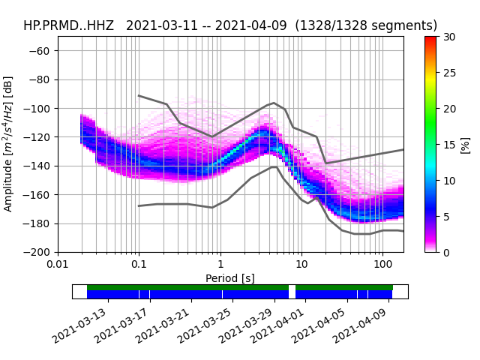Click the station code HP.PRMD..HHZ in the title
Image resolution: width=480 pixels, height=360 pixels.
[x=68, y=25]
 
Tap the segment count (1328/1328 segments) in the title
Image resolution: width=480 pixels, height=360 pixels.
[x=366, y=25]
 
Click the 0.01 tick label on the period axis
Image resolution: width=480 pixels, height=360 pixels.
[x=58, y=265]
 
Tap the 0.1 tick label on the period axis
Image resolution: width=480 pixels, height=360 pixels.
[x=139, y=265]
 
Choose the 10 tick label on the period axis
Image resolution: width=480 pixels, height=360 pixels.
[x=301, y=265]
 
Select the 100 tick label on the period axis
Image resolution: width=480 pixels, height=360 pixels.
[x=382, y=265]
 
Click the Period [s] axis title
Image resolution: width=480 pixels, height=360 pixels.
[x=230, y=277]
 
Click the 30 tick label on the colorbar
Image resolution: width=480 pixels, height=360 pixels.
[x=448, y=37]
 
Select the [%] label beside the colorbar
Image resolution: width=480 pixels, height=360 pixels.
[x=465, y=144]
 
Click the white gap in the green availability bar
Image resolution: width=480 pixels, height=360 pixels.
[x=292, y=287]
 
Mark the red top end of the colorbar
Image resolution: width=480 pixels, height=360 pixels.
[x=430, y=39]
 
